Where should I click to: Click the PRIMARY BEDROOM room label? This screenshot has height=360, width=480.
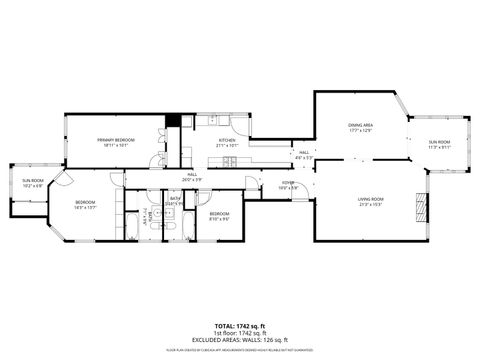tap(117, 139)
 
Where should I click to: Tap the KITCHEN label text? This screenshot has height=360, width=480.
tap(227, 140)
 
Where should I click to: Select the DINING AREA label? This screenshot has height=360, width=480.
tap(360, 124)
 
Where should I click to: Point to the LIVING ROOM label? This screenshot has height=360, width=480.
tap(371, 199)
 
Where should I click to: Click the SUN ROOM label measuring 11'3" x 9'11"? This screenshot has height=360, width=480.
tap(439, 142)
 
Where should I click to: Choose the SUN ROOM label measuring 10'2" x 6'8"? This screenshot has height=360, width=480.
tap(32, 181)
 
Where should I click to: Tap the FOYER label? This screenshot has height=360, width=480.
tap(288, 182)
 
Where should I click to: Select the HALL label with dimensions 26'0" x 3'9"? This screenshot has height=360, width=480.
tap(193, 174)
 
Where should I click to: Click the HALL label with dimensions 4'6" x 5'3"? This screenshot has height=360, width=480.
tap(304, 152)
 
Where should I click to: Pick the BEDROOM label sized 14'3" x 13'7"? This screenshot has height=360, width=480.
tap(84, 203)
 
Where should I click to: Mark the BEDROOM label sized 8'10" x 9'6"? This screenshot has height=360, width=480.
tap(219, 214)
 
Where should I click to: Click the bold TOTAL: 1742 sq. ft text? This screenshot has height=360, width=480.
tap(240, 325)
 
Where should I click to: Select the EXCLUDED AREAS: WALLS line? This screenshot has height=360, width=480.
tap(240, 339)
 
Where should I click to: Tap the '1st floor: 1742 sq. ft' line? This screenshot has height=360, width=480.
tap(240, 332)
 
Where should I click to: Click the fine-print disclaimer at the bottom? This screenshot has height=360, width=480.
tap(240, 349)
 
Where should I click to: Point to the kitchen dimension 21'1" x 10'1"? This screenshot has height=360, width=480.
tap(227, 146)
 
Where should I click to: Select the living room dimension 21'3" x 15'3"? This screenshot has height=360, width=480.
tap(371, 205)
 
